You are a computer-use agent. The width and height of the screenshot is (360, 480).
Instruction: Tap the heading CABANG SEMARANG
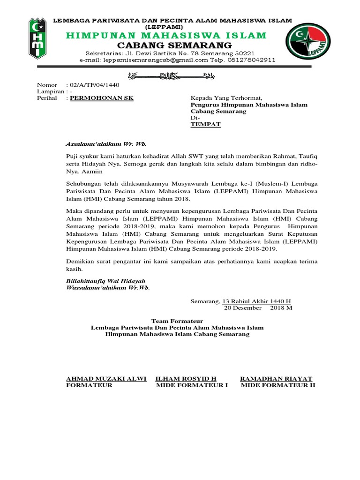tap(174, 45)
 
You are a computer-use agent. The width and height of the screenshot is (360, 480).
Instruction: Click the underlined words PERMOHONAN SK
tap(101, 98)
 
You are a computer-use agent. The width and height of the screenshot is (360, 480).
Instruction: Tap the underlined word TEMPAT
tap(205, 125)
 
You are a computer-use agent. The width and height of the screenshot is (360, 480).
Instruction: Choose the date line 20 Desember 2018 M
tap(258, 308)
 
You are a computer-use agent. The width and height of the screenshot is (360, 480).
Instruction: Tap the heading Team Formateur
tap(178, 321)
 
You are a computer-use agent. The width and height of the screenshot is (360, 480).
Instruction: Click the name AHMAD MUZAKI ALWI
tap(106, 378)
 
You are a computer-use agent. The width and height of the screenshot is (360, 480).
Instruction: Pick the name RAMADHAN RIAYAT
tap(276, 378)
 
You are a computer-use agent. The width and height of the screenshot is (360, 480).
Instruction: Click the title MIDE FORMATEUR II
tap(278, 385)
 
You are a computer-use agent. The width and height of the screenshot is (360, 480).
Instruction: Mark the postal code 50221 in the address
tap(244, 53)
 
